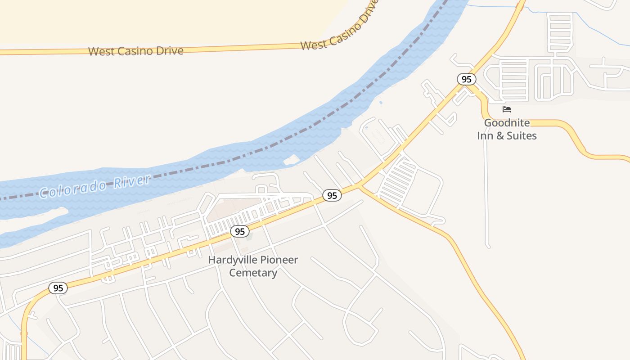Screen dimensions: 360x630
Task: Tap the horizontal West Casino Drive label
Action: (135, 51)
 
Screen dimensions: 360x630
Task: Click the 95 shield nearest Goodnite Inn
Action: (467, 79)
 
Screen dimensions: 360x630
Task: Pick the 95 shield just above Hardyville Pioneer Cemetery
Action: (240, 231)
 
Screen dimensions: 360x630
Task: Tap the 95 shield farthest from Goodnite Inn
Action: (58, 288)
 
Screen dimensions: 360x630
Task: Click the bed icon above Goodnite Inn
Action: (507, 109)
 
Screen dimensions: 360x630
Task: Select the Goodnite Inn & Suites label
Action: (507, 129)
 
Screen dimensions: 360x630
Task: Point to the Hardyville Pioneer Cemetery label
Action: (253, 266)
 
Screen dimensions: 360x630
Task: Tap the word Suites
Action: (522, 135)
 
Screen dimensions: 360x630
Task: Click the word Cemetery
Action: (253, 273)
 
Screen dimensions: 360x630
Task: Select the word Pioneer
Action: (279, 260)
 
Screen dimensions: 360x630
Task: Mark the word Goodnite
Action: (507, 123)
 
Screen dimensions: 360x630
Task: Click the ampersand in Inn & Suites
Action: (500, 135)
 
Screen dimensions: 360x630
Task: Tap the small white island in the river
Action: (292, 160)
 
